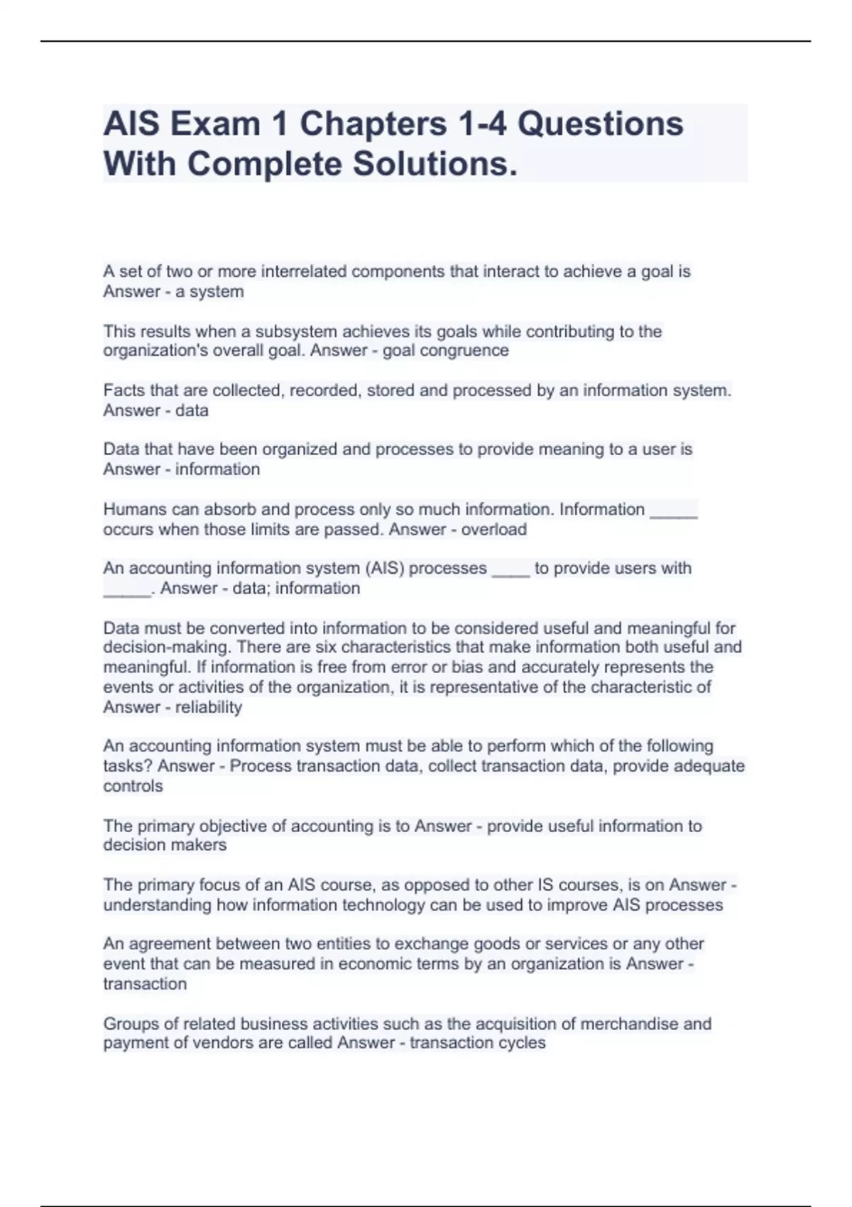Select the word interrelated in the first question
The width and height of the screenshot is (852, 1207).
[x=304, y=271]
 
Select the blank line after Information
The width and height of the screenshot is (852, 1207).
[x=674, y=511]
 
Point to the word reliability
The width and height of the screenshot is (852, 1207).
[x=209, y=707]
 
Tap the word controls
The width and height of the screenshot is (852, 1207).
[x=133, y=787]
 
